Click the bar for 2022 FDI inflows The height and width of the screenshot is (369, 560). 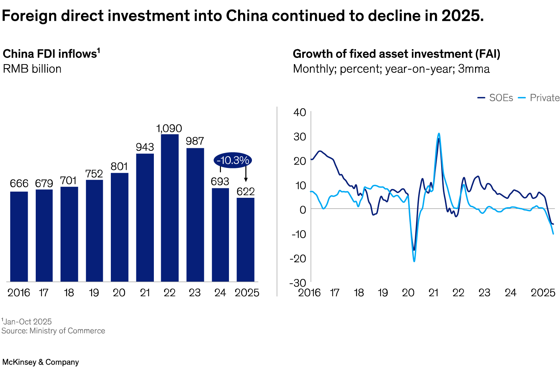tap(170, 208)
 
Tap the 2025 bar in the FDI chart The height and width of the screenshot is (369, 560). tap(245, 239)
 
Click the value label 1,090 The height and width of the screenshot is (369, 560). tap(169, 129)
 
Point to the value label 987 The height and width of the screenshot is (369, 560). tap(195, 141)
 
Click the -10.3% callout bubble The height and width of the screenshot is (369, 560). tap(233, 160)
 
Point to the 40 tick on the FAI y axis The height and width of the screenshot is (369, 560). tap(300, 112)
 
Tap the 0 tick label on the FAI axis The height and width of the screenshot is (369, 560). tap(303, 210)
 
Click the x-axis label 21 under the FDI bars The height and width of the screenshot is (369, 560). tap(145, 293)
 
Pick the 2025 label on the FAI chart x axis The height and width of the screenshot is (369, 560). tap(543, 293)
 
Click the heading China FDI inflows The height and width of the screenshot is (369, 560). tap(51, 54)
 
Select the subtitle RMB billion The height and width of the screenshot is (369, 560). tap(32, 69)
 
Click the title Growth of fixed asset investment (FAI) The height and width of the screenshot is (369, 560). tap(396, 54)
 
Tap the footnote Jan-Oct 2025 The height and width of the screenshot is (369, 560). tap(27, 322)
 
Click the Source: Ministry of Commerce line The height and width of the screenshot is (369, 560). tap(53, 331)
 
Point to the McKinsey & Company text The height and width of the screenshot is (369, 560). tap(40, 362)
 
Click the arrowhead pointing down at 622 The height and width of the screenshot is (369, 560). tap(246, 180)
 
